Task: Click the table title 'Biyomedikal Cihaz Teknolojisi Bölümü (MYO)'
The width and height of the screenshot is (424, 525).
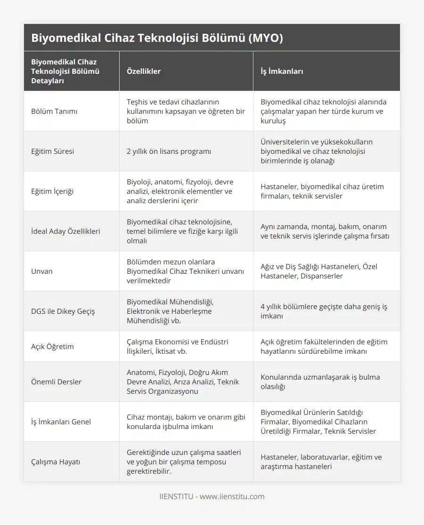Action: click(157, 38)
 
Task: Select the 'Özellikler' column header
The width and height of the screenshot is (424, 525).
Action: click(144, 72)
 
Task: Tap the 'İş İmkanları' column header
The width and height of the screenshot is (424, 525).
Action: click(282, 72)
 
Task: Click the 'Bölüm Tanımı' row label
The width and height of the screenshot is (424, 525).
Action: click(54, 111)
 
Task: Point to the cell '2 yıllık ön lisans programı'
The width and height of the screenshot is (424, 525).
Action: click(169, 151)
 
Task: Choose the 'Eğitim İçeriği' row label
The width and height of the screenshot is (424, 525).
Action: click(52, 191)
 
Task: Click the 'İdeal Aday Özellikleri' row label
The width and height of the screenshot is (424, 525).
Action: click(65, 231)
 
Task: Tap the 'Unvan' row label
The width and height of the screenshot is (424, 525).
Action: click(42, 271)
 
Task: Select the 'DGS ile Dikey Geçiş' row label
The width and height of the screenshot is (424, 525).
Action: click(63, 311)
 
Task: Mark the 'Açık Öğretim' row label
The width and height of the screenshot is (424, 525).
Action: click(52, 347)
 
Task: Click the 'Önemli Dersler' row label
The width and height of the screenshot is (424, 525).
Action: click(56, 382)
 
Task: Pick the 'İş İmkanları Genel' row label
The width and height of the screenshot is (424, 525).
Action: click(61, 422)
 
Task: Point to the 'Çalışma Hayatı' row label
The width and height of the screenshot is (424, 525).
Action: click(56, 462)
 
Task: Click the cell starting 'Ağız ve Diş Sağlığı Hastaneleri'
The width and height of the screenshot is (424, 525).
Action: click(319, 271)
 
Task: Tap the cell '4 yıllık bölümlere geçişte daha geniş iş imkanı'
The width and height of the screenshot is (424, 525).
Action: click(324, 311)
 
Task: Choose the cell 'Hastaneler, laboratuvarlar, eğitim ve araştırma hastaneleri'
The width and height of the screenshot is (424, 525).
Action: click(321, 462)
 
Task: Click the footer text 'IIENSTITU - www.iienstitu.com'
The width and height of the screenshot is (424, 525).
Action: click(212, 496)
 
